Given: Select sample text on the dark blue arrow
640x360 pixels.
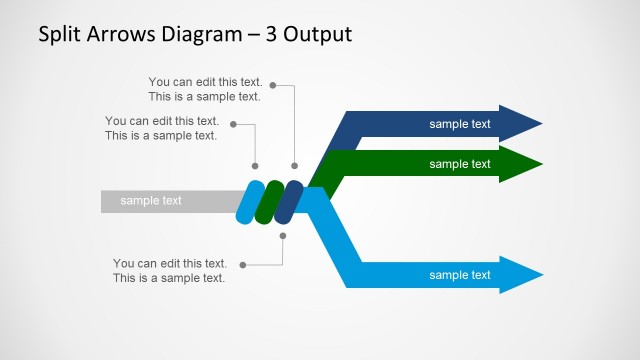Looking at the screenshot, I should click(460, 124).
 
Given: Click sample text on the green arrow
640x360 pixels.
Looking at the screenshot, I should click(460, 164).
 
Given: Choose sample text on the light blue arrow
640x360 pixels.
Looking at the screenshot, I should click(460, 275).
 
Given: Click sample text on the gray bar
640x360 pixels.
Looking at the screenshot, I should click(151, 201).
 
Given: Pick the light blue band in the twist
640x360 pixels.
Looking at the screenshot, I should click(250, 201).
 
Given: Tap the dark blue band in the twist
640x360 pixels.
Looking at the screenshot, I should click(289, 201).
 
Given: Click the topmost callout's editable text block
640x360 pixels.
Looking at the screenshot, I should click(204, 89).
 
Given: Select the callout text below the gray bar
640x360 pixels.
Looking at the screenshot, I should click(169, 271).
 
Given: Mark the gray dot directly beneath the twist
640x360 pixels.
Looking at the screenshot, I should click(283, 236).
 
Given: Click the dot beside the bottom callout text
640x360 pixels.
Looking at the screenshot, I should click(243, 265).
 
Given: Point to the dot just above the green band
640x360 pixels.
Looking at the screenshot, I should click(255, 165).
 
